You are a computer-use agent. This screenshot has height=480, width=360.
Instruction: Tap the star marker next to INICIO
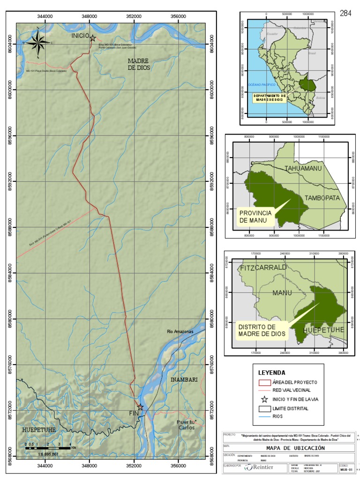[93, 38]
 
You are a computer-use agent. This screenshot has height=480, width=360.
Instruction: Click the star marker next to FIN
[140, 407]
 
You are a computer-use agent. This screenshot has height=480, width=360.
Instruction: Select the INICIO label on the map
[80, 36]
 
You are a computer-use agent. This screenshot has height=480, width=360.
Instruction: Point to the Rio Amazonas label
[180, 331]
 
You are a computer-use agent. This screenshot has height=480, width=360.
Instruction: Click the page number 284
[345, 13]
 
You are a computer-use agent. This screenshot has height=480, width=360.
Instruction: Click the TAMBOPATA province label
[322, 198]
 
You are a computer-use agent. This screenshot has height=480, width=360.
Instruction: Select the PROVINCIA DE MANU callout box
[255, 217]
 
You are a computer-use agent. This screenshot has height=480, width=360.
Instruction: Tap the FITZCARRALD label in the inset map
[262, 268]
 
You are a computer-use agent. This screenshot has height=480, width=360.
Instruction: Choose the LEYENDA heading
[272, 373]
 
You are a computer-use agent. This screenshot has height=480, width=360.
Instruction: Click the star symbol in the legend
[265, 399]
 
